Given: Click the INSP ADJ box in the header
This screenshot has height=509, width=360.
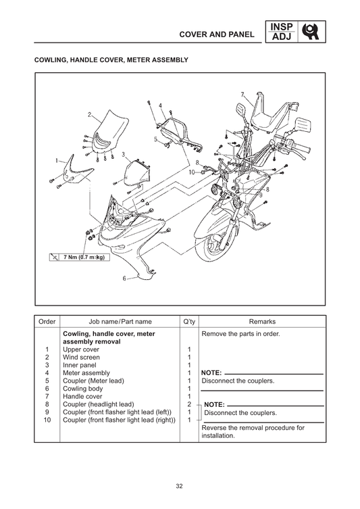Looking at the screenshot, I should coord(281,31).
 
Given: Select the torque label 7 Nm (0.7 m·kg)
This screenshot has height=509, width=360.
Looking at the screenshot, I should coord(83,258).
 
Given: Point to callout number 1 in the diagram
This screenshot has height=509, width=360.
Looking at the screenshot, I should coord(57,162).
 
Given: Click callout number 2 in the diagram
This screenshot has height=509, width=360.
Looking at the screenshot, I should coord(88,115).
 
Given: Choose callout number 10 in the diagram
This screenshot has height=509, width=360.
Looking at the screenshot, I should coord(191,172).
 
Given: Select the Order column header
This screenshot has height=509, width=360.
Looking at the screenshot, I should coord(47,322).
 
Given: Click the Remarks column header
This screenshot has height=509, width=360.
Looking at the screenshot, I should coord(262,322).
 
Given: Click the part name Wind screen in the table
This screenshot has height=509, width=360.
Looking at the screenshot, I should coord(81,357).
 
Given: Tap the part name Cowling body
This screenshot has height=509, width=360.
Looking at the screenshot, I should coord(84,389).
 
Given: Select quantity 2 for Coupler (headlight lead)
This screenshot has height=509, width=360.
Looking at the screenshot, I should coord(189,404).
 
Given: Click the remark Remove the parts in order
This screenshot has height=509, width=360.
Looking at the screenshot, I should coord(240,334).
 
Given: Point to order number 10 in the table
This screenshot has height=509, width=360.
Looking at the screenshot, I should coord(47,420).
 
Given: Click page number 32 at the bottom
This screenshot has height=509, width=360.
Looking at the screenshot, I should coord(180,485).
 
